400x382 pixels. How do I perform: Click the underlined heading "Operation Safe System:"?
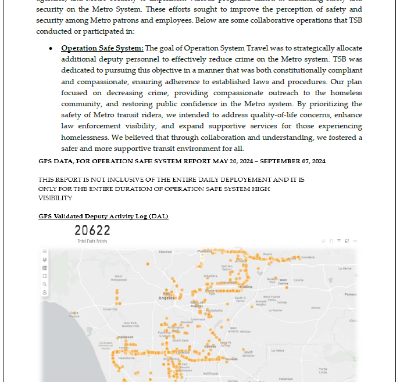click(x=102, y=48)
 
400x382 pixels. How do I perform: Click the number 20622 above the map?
click(x=93, y=231)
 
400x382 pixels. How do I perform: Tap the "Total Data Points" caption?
click(x=92, y=241)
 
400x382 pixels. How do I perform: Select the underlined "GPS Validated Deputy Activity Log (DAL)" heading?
click(x=103, y=217)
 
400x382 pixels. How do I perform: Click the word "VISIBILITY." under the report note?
click(x=56, y=198)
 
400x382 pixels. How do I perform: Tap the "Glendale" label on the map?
click(x=165, y=252)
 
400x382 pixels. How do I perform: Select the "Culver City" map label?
click(x=110, y=309)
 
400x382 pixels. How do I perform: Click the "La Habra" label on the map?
click(x=277, y=350)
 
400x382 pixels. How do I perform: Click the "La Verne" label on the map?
click(x=345, y=268)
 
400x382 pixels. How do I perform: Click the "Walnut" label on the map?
click(x=316, y=308)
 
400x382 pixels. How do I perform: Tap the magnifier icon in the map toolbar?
click(x=45, y=284)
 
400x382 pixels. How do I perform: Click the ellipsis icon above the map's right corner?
click(x=355, y=240)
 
